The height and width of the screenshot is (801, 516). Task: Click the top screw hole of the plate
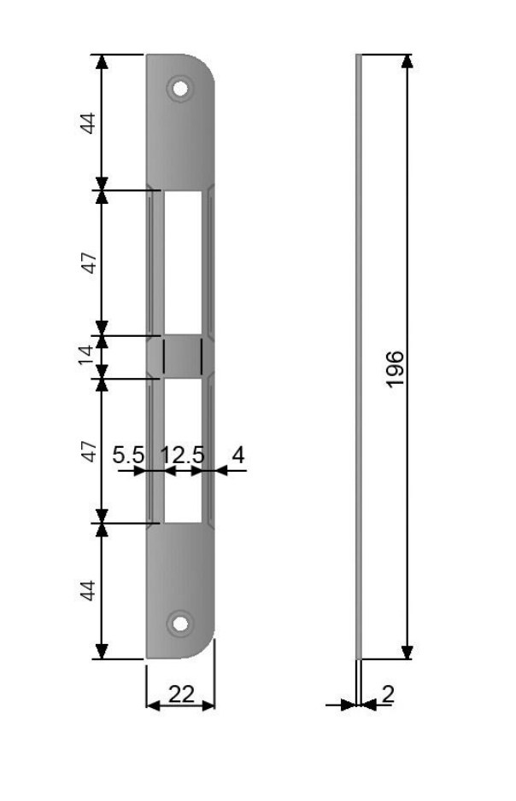tap(179, 89)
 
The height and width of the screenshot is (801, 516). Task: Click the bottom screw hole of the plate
tap(179, 624)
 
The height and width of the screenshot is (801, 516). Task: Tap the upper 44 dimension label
tap(88, 123)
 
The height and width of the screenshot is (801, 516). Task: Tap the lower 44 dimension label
tap(88, 590)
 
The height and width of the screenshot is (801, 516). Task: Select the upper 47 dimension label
tap(89, 263)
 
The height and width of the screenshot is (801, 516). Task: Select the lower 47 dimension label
tap(89, 451)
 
